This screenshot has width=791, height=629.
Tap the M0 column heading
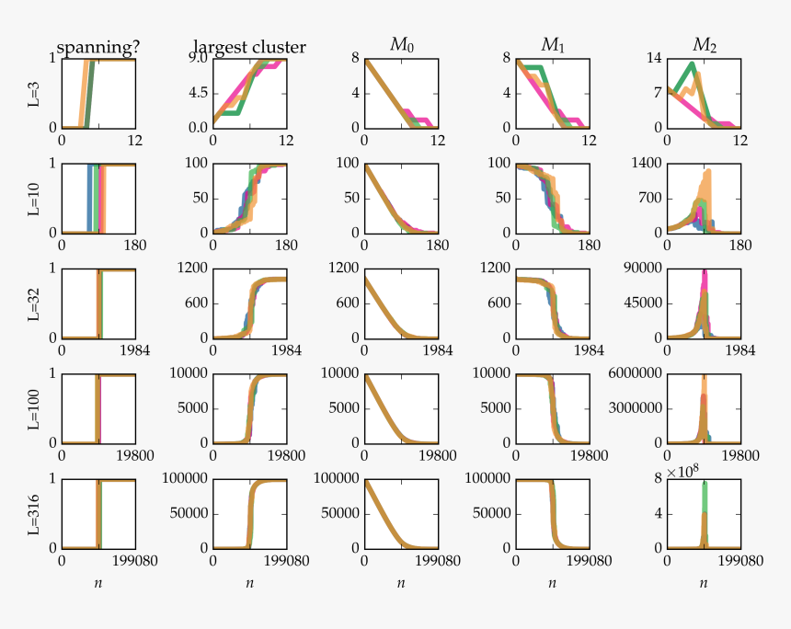[401, 45]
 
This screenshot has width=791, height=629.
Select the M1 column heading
[552, 45]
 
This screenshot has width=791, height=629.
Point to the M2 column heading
[704, 45]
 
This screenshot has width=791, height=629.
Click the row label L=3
[34, 93]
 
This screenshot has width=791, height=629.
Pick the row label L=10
[34, 198]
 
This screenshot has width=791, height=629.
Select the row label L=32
[34, 303]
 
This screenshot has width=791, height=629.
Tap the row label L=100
[34, 408]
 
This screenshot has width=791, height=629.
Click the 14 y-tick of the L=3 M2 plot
[653, 59]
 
